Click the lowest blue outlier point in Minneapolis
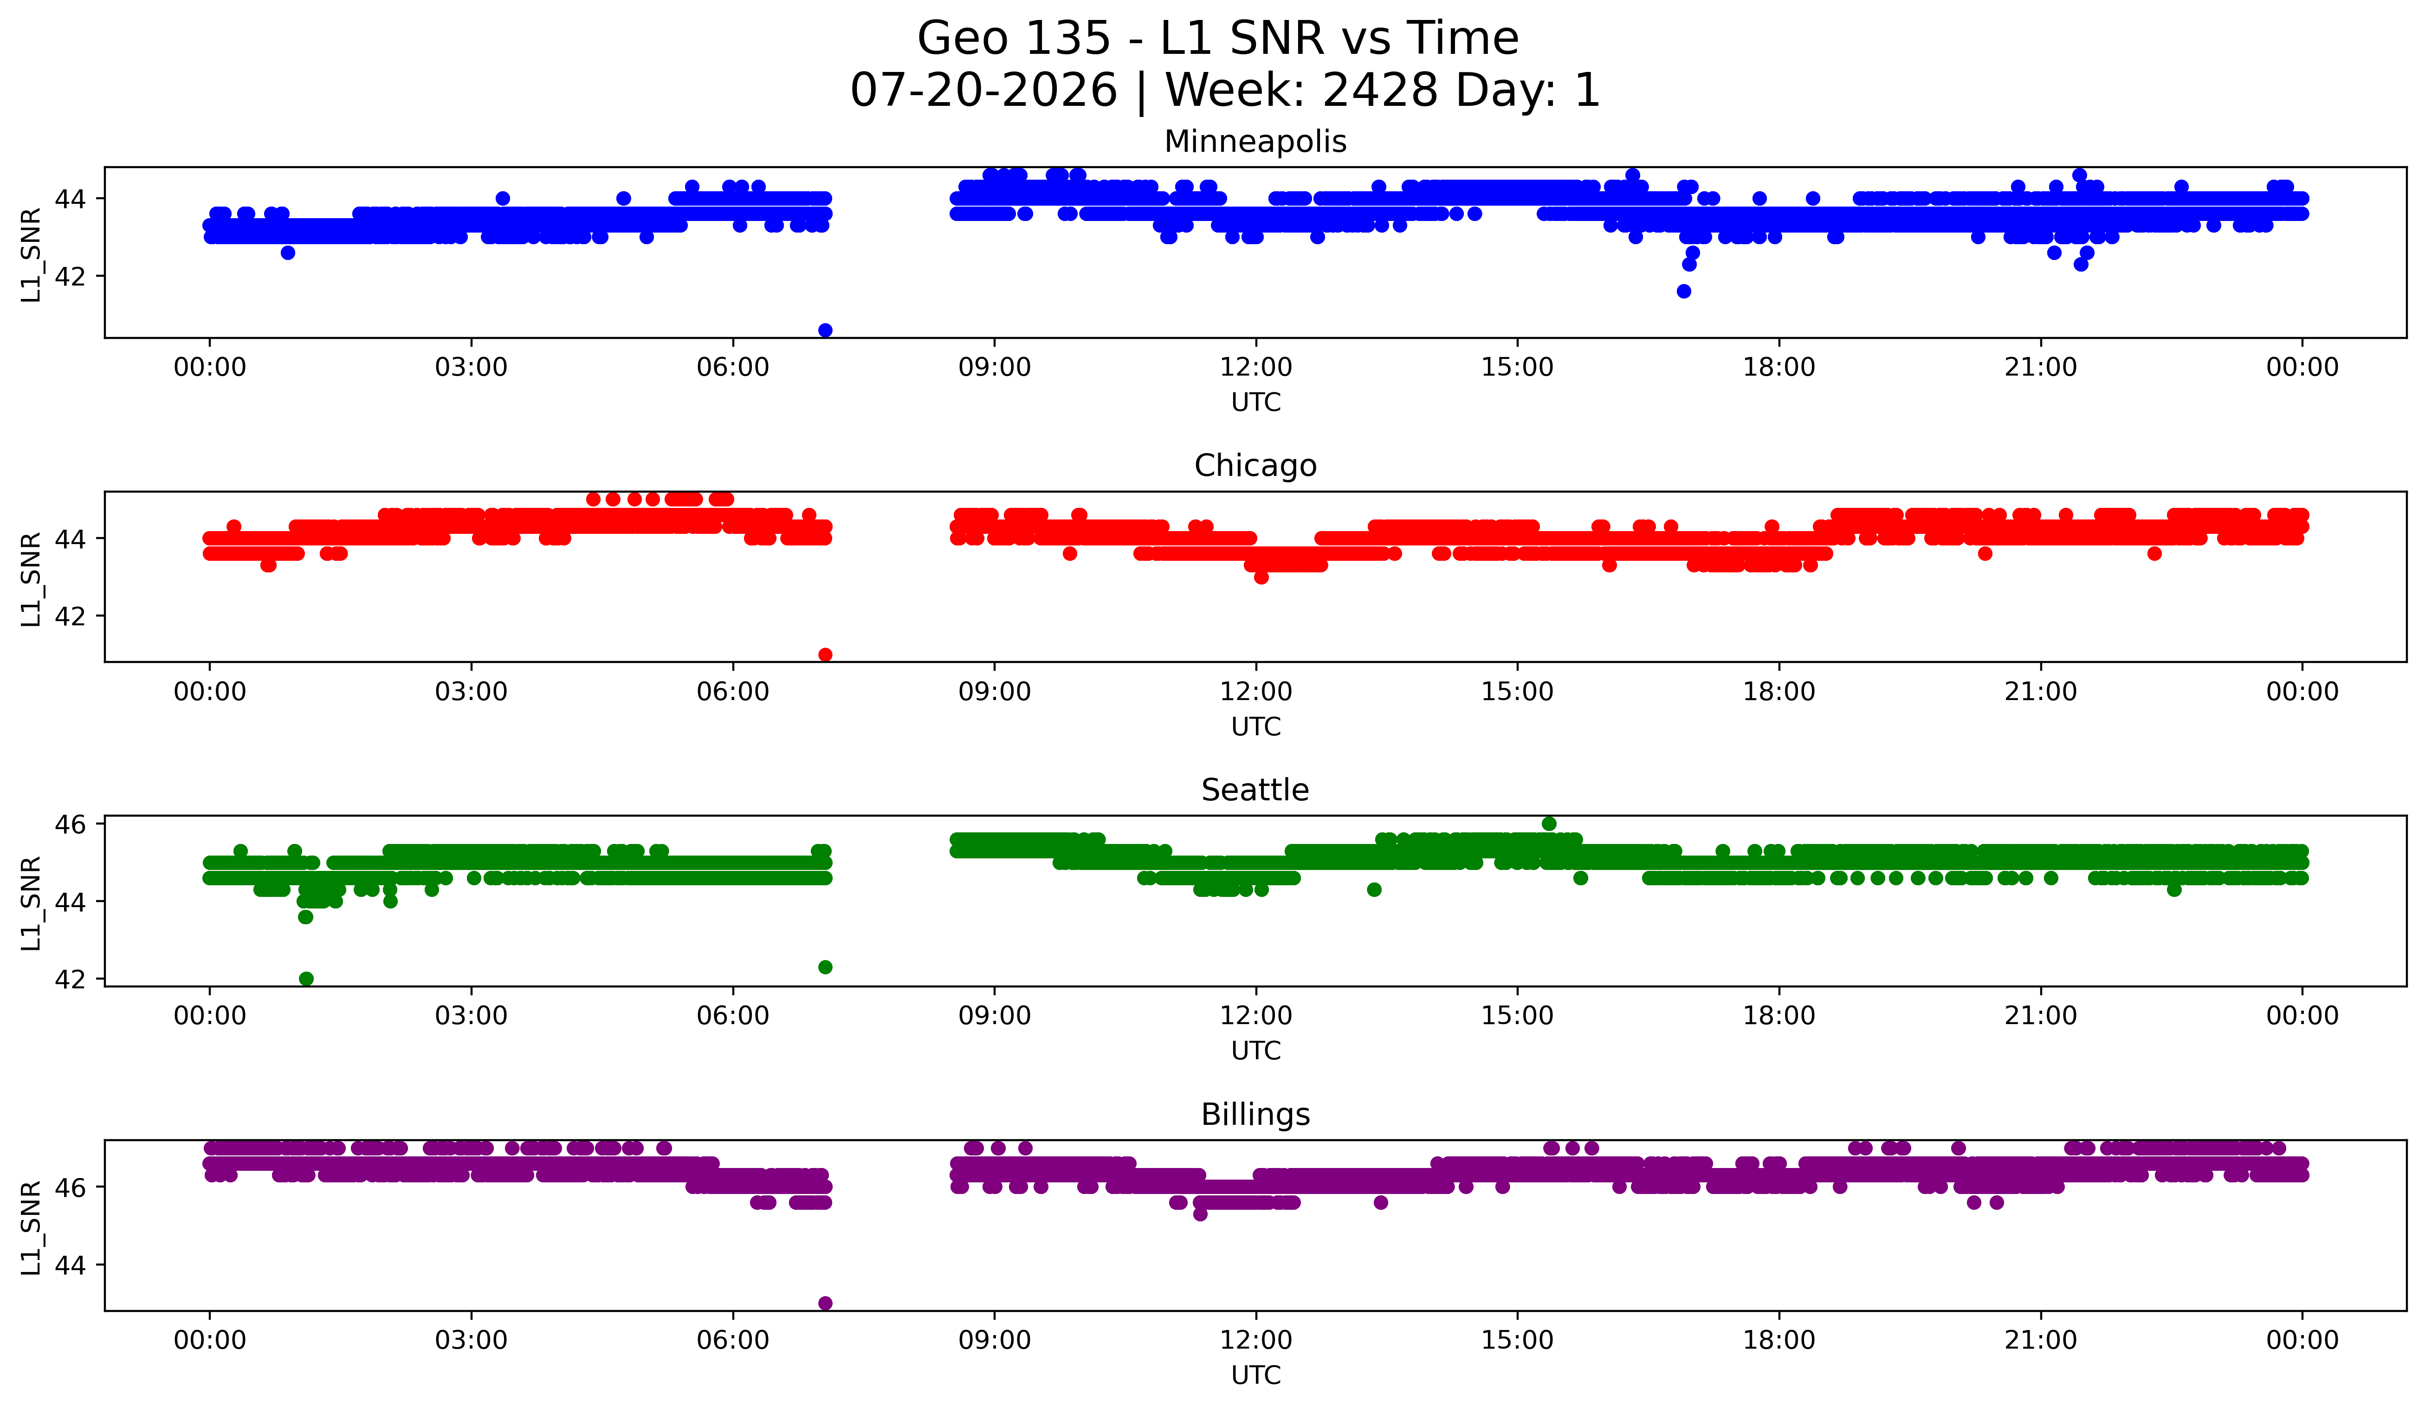tap(825, 330)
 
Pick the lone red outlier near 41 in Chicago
tap(825, 655)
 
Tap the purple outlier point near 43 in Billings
tap(825, 1303)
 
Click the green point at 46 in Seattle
tap(1548, 824)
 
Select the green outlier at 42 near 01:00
tap(306, 979)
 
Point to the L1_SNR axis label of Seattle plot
tap(31, 903)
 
